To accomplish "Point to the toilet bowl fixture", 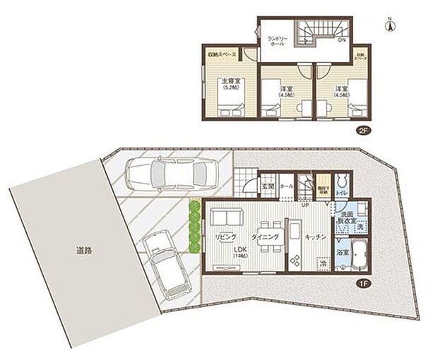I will [343, 179].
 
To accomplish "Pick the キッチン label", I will [315, 239].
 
